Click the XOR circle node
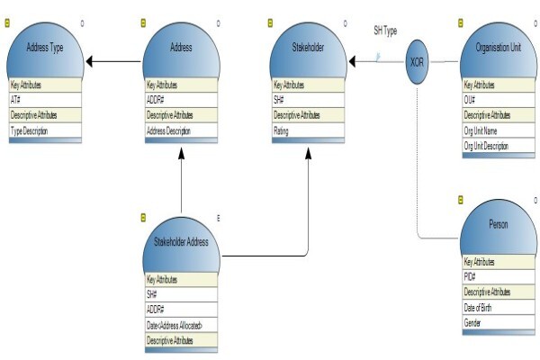tap(417, 62)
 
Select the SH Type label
tap(385, 31)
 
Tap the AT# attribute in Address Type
tap(45, 100)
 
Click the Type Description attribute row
tap(45, 130)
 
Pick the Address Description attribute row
tap(181, 130)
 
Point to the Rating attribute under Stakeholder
tap(308, 130)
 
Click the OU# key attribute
tap(499, 100)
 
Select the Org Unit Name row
tap(499, 130)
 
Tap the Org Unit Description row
tap(499, 146)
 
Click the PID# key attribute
tap(499, 276)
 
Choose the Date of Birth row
tap(499, 307)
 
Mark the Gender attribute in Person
tap(499, 322)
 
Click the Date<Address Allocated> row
tap(181, 325)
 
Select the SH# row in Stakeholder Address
tap(181, 294)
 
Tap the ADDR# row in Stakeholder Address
tap(181, 310)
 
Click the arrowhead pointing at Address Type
tap(89, 62)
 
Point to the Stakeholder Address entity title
tap(181, 242)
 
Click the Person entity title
tap(499, 225)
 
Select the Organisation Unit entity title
tap(499, 47)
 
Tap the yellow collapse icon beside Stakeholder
tap(270, 23)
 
